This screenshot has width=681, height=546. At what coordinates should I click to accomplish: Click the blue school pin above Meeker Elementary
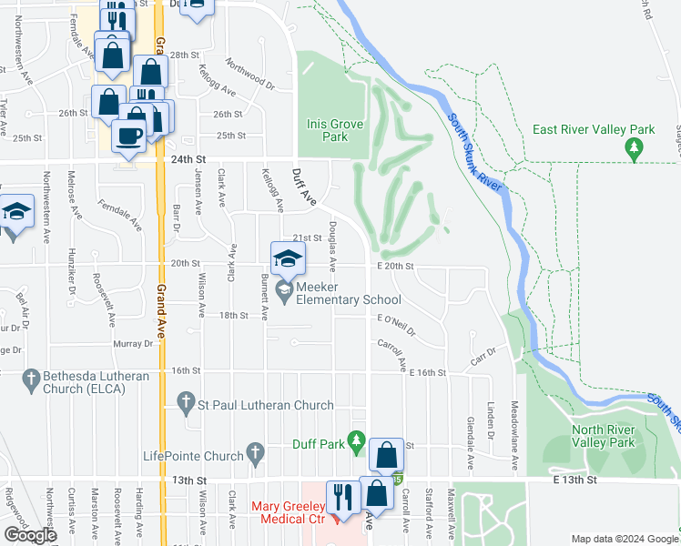287,258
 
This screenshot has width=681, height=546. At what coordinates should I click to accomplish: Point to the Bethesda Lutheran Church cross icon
31,378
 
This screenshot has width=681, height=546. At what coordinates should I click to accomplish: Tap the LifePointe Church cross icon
256,450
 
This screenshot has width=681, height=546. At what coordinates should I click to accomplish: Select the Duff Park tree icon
358,443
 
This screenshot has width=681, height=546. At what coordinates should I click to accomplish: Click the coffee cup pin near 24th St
127,136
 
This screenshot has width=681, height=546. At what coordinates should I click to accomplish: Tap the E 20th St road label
396,267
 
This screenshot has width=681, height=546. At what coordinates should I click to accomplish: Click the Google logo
29,535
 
